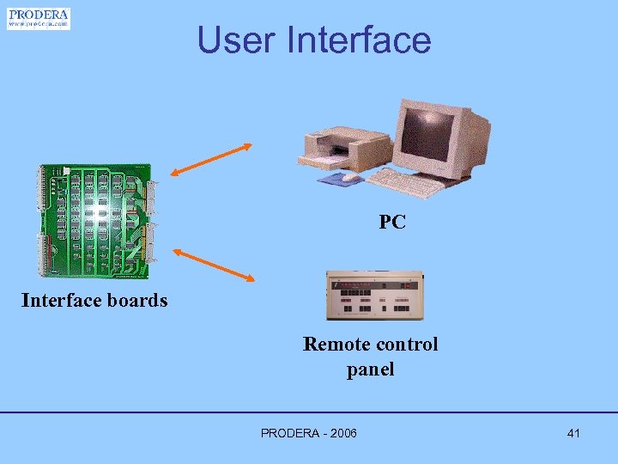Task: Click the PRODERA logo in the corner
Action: click(39, 18)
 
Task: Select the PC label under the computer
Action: click(392, 223)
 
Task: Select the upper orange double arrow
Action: click(211, 161)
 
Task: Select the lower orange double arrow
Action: click(215, 265)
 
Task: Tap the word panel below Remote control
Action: click(371, 369)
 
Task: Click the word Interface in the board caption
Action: click(58, 300)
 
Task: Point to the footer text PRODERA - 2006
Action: click(309, 433)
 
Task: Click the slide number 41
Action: click(573, 433)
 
